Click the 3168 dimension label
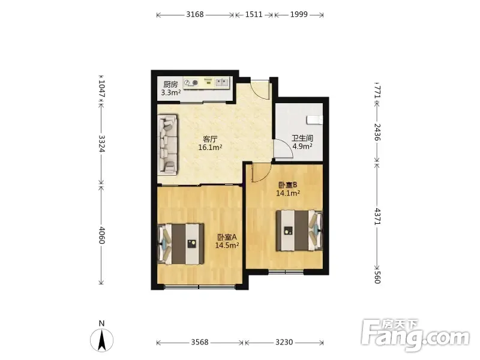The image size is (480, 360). point(195,14)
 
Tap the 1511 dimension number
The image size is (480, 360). point(254,14)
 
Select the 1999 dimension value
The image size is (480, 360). point(299,14)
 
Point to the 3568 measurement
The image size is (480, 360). point(200,342)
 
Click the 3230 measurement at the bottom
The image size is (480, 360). point(284,342)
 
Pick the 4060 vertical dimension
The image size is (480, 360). point(101,235)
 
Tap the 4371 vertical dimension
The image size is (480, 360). point(377,217)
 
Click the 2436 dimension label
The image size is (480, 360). point(377,132)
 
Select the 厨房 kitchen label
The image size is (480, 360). point(170,85)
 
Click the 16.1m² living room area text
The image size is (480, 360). point(210,148)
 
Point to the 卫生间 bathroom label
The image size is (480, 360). point(302,139)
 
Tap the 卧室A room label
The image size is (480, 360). point(227,237)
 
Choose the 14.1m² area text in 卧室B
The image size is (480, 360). point(288,193)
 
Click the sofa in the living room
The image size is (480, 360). point(168,145)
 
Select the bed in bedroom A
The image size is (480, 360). point(181,244)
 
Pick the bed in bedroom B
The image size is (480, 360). point(299,230)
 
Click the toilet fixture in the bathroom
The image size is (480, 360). point(314,120)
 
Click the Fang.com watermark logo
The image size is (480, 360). point(415,335)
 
